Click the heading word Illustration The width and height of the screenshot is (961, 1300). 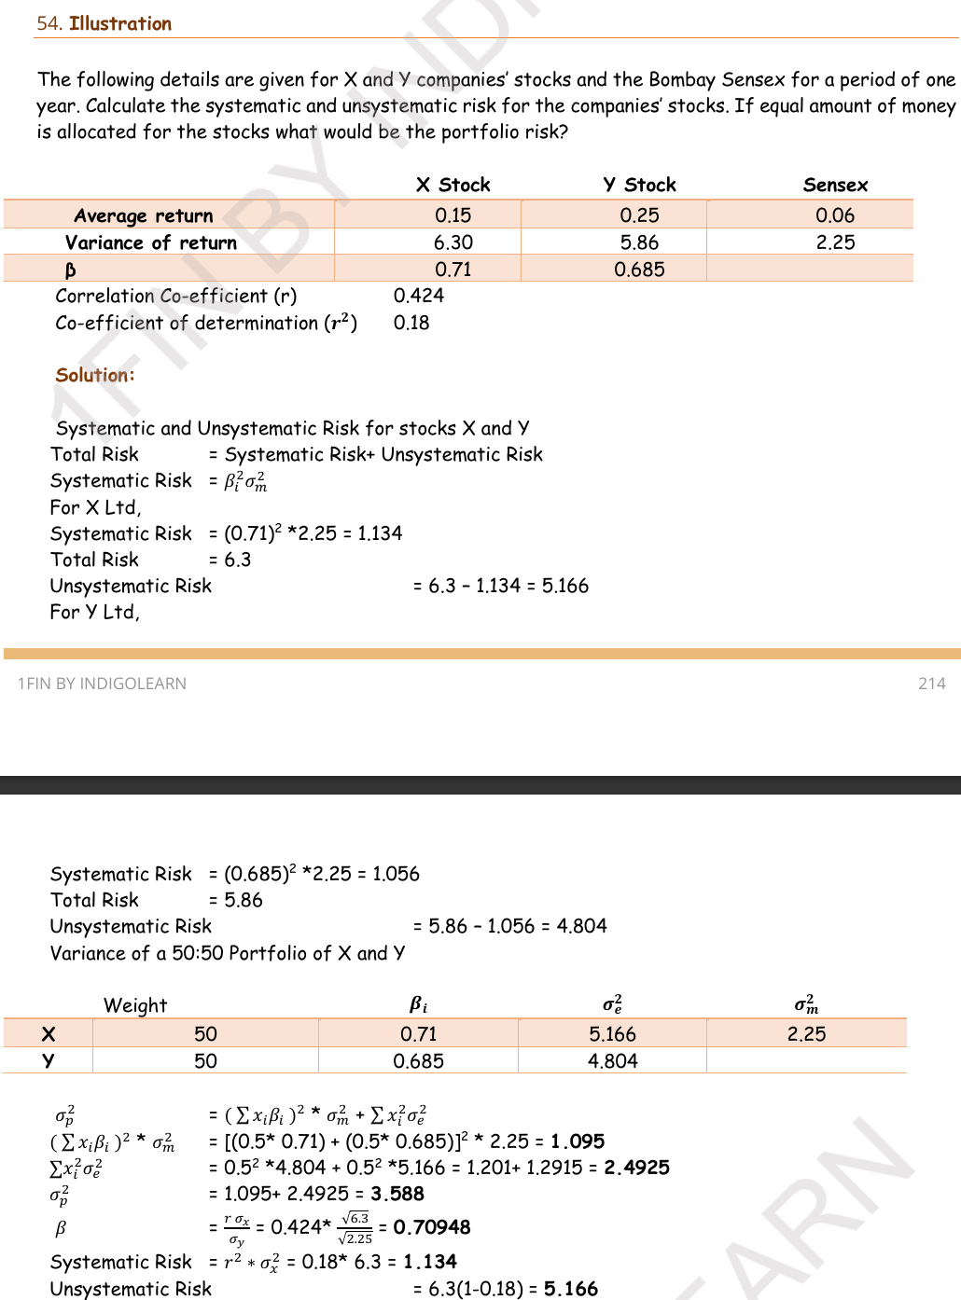click(120, 23)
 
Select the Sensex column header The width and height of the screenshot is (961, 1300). click(835, 185)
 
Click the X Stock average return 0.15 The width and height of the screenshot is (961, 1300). click(453, 215)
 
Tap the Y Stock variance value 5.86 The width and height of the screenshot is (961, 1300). click(639, 242)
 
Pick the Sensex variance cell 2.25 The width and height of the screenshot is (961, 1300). click(835, 242)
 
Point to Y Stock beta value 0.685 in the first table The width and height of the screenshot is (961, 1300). click(639, 270)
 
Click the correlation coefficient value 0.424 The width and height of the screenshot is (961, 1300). click(419, 296)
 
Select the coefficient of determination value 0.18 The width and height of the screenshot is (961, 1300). click(411, 323)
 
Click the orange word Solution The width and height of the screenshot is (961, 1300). click(93, 375)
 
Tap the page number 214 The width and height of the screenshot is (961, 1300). click(931, 684)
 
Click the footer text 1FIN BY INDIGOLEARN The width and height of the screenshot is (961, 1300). click(102, 684)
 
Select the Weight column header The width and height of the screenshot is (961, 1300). click(135, 1005)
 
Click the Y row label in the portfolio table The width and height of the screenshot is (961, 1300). click(49, 1061)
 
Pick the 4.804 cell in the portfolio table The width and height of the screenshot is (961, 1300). click(613, 1061)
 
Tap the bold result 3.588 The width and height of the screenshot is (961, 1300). click(397, 1194)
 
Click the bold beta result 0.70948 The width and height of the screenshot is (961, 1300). click(432, 1227)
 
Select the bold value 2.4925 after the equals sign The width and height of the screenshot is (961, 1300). click(636, 1168)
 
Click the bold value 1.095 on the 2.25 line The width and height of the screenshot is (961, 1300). click(578, 1141)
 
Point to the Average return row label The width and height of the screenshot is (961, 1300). click(144, 216)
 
